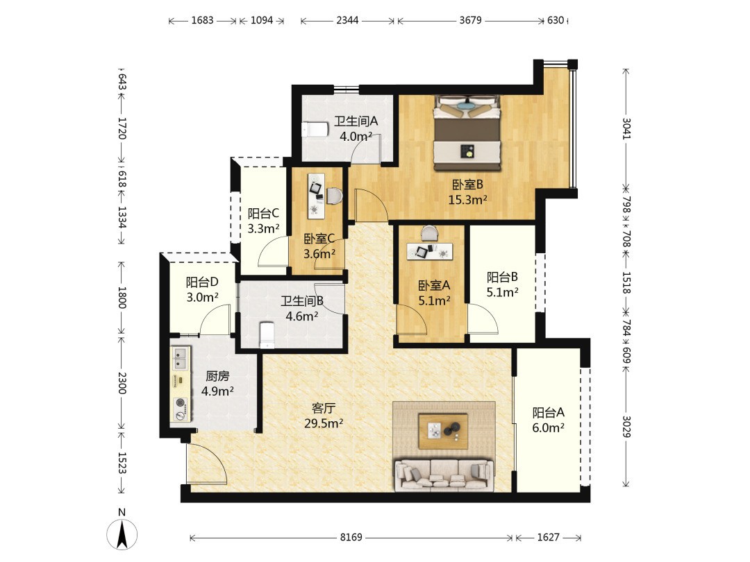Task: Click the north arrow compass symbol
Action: tap(122, 532)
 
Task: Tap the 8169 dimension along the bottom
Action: tap(351, 538)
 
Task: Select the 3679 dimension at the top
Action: tap(470, 21)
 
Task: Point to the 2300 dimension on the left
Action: tap(122, 383)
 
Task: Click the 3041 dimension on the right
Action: tap(626, 128)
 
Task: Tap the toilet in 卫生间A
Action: tap(315, 130)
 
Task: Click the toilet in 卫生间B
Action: tap(267, 334)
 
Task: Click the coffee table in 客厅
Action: tap(443, 431)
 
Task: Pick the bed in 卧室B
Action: tap(467, 133)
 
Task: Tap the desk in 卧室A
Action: tap(430, 251)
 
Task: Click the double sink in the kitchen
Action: tap(181, 359)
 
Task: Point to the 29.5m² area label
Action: tap(324, 423)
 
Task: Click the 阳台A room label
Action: tap(548, 412)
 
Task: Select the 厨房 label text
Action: tap(217, 376)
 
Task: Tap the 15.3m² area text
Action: tap(467, 200)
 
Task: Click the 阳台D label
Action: tap(202, 282)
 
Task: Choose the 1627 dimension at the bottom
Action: tap(548, 538)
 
